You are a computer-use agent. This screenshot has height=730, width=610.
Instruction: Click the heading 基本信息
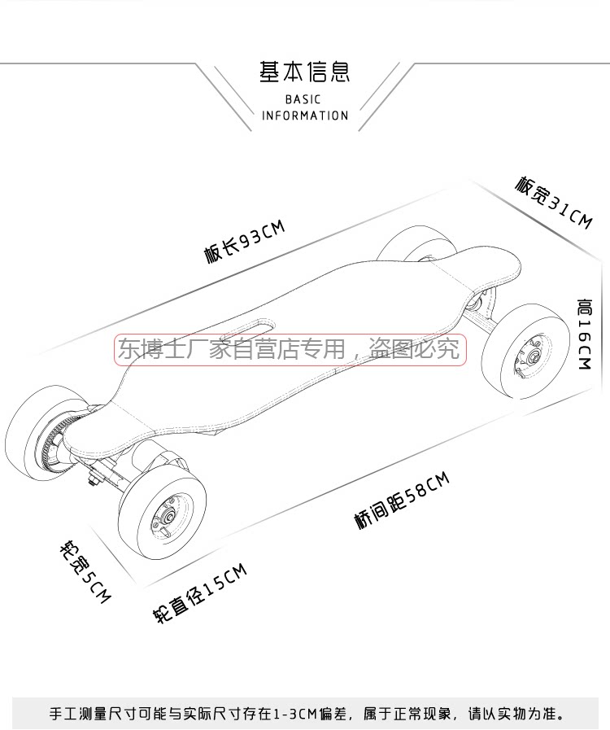tap(304, 72)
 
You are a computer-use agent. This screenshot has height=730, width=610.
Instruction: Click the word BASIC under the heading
tap(304, 99)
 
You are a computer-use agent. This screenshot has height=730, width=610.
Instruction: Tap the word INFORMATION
tap(305, 116)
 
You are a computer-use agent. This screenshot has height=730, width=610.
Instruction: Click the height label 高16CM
tap(583, 334)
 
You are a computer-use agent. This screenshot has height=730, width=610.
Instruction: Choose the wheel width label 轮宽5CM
tap(83, 570)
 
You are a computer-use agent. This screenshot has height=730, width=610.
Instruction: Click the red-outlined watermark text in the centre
tap(290, 350)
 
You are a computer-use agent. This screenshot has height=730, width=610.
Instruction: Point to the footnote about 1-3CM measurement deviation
tap(305, 714)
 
